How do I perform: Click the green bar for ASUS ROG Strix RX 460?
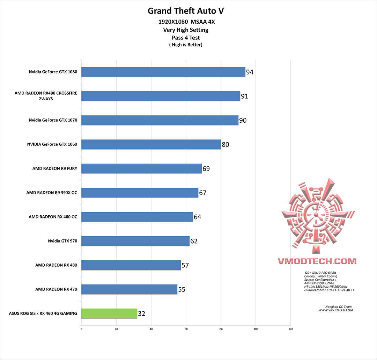click(x=109, y=314)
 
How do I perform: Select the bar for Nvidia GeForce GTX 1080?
click(x=163, y=72)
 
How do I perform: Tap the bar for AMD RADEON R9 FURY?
click(x=141, y=168)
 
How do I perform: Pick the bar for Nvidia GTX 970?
click(x=135, y=241)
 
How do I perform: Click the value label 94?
click(x=250, y=72)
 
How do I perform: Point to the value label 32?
click(x=141, y=314)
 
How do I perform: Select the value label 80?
click(x=226, y=144)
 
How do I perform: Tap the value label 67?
click(x=203, y=193)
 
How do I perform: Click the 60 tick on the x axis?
click(x=186, y=329)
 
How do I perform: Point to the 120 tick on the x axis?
click(x=291, y=329)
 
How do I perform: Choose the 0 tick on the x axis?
click(x=81, y=329)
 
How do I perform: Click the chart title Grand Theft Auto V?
click(x=186, y=11)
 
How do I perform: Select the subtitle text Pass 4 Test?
click(x=186, y=37)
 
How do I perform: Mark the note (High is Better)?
click(x=186, y=45)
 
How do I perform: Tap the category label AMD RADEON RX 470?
click(x=56, y=289)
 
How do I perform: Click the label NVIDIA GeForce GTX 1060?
click(x=52, y=144)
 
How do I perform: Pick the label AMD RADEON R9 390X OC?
click(x=52, y=193)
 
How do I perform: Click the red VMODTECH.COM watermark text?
click(x=317, y=261)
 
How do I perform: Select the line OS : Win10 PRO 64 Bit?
click(x=320, y=273)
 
